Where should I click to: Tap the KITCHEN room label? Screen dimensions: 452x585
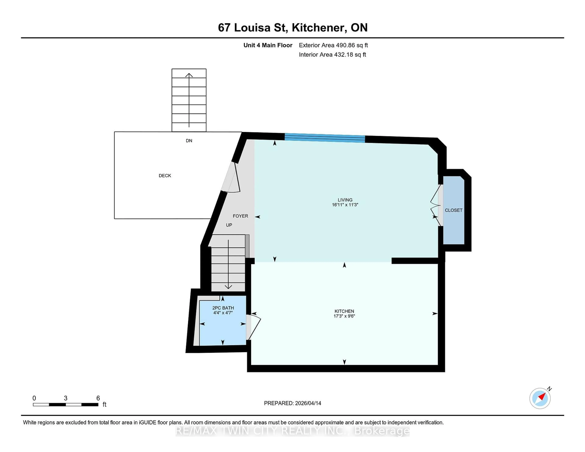(x=344, y=311)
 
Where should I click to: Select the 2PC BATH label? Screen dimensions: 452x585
(x=223, y=308)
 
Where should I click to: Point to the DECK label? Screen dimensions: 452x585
(x=165, y=176)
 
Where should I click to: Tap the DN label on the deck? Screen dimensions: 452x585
(x=189, y=141)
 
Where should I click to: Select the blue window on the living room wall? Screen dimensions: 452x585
(x=325, y=138)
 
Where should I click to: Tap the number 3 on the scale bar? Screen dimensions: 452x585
(x=66, y=398)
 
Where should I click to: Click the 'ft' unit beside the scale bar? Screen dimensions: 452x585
(x=105, y=405)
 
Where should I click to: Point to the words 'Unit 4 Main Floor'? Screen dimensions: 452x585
(x=268, y=45)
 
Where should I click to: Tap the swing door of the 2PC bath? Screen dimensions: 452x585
(x=254, y=327)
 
